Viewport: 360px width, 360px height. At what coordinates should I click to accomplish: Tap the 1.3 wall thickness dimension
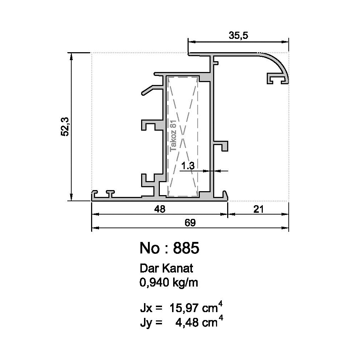tap(188, 166)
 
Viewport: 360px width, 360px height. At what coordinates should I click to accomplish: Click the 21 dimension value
tap(259, 209)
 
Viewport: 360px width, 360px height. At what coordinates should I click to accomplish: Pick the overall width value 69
tap(190, 223)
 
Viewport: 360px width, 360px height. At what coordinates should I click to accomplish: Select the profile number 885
tap(186, 248)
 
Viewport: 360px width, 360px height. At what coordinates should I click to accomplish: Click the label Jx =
tap(151, 309)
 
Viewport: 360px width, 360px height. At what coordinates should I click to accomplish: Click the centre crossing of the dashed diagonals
tap(183, 137)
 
